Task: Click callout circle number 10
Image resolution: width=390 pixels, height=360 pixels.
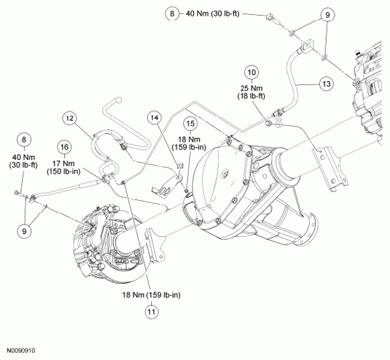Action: (x=252, y=72)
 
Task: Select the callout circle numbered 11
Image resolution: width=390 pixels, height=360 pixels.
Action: (x=152, y=312)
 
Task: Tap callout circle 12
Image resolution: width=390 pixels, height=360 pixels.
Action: (x=70, y=118)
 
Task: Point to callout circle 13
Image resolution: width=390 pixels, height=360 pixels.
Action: (x=326, y=84)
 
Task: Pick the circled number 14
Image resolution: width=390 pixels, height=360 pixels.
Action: (x=155, y=118)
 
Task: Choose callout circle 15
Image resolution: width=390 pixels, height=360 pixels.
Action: (x=191, y=124)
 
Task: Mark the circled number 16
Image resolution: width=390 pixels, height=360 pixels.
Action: (x=65, y=147)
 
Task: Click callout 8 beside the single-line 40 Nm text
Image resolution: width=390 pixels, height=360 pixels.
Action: (x=172, y=14)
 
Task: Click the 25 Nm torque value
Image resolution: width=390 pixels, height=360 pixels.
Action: (x=251, y=88)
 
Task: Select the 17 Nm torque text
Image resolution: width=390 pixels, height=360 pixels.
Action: (x=63, y=163)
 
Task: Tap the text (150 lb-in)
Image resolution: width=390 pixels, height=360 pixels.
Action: (x=64, y=171)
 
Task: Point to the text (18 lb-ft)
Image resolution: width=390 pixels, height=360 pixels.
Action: (x=251, y=96)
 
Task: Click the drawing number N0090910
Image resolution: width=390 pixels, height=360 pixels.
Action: (x=21, y=350)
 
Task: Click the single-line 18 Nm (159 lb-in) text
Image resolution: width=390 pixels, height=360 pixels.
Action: (x=151, y=295)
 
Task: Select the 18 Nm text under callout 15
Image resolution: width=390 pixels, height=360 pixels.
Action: (x=189, y=140)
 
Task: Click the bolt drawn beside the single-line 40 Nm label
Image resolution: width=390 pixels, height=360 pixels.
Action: (x=274, y=20)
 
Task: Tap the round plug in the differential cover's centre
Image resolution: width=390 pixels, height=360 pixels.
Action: (x=225, y=174)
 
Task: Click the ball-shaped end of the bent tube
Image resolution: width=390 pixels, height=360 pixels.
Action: (x=119, y=100)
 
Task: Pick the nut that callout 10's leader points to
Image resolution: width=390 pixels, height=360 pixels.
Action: (x=268, y=123)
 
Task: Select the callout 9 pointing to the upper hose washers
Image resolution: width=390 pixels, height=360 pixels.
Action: (x=327, y=15)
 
